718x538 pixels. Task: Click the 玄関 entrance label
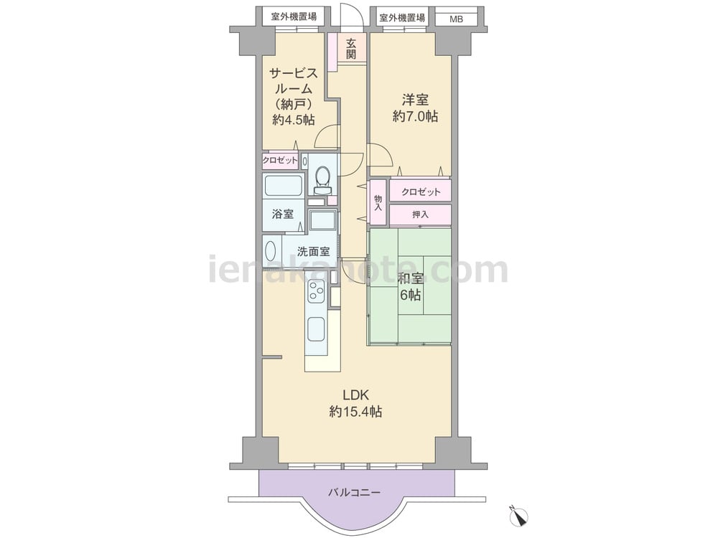(x=351, y=49)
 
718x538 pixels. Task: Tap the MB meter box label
(x=456, y=19)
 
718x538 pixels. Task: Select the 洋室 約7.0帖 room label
(x=415, y=108)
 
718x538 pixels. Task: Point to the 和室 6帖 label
(x=411, y=287)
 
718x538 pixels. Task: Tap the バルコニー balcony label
(x=354, y=493)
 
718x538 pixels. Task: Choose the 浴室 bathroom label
(x=282, y=214)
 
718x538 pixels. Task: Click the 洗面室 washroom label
(x=313, y=251)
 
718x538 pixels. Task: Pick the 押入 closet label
(x=420, y=214)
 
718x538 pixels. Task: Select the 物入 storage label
(x=378, y=203)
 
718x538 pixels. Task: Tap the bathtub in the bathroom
(x=284, y=187)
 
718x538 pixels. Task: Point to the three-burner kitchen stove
(x=315, y=292)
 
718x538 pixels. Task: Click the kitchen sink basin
(x=316, y=329)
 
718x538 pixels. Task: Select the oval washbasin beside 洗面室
(x=271, y=251)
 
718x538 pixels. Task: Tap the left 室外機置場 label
(x=294, y=17)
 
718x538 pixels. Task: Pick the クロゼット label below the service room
(x=280, y=161)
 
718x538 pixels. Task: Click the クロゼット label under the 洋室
(x=421, y=192)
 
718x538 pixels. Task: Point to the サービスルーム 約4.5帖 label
(x=294, y=96)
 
